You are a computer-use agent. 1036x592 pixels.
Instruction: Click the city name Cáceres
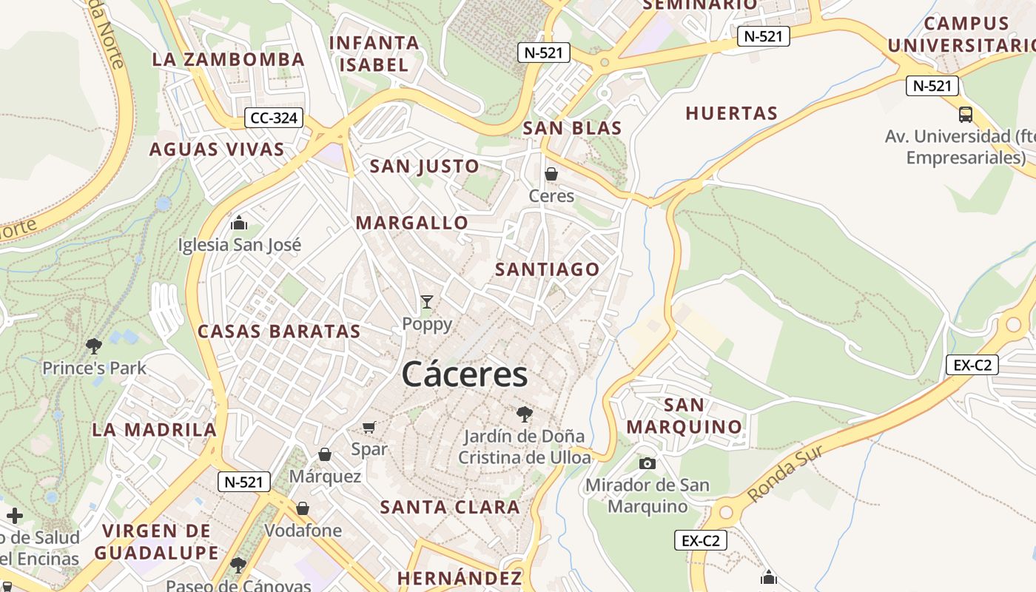pyautogui.click(x=465, y=374)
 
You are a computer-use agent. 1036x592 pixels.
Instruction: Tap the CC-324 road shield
pyautogui.click(x=274, y=118)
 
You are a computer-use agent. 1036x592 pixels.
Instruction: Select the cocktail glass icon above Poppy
pyautogui.click(x=426, y=302)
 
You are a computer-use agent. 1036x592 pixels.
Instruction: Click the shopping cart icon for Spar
pyautogui.click(x=369, y=427)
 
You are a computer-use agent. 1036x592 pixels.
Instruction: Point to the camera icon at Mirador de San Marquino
pyautogui.click(x=647, y=463)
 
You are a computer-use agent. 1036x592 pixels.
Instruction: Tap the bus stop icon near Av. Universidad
pyautogui.click(x=965, y=115)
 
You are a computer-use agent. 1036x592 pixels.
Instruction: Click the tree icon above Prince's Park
pyautogui.click(x=94, y=346)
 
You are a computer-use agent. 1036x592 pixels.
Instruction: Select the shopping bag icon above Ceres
pyautogui.click(x=551, y=174)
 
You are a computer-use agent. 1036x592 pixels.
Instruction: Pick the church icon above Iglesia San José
pyautogui.click(x=239, y=223)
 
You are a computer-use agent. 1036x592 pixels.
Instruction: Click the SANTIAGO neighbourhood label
pyautogui.click(x=547, y=269)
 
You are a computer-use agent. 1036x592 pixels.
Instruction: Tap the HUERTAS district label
pyautogui.click(x=731, y=113)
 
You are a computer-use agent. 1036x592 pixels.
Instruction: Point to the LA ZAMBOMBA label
pyautogui.click(x=228, y=59)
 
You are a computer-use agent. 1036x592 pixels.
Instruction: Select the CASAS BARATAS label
pyautogui.click(x=279, y=331)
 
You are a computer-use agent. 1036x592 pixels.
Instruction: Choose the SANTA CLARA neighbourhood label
pyautogui.click(x=450, y=507)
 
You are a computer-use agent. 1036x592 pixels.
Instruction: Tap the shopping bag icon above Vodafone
pyautogui.click(x=303, y=508)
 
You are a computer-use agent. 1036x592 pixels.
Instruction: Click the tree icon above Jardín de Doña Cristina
pyautogui.click(x=525, y=414)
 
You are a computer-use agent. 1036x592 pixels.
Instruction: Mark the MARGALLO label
pyautogui.click(x=412, y=223)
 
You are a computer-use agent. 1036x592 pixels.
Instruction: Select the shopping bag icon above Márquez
pyautogui.click(x=324, y=454)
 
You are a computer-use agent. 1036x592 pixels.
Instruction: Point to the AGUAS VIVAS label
pyautogui.click(x=217, y=149)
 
